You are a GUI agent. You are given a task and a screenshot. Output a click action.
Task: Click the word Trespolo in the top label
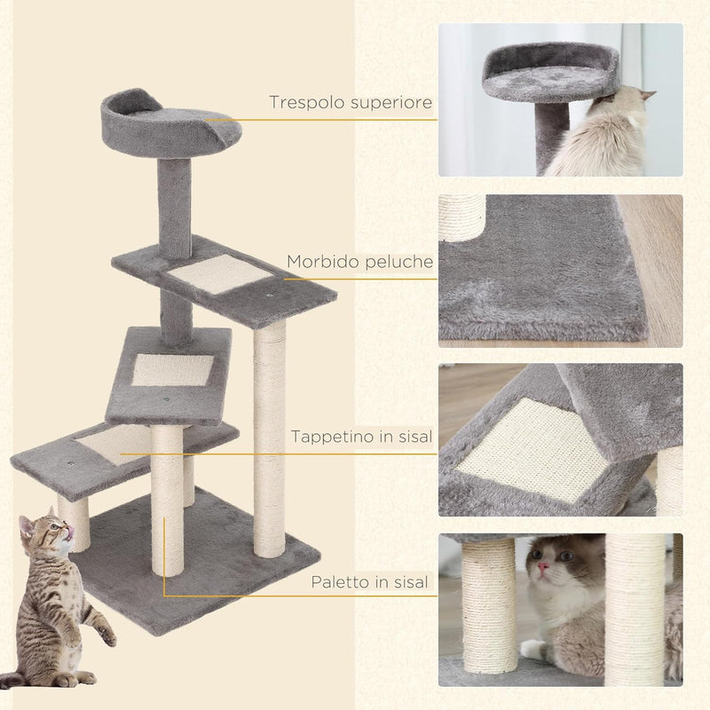tap(302, 103)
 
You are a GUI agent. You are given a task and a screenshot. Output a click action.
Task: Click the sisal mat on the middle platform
tap(172, 369)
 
